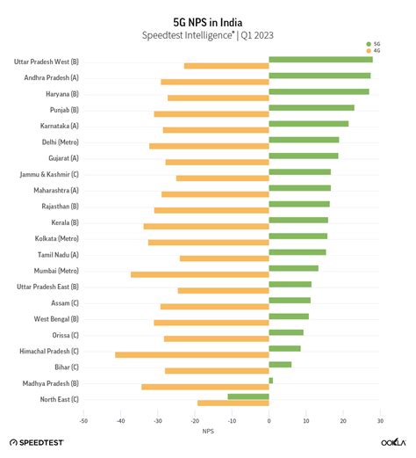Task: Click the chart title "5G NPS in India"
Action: coord(207,20)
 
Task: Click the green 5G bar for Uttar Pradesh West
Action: coord(320,60)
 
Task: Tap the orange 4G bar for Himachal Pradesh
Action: coord(192,354)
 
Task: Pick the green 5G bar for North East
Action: coord(248,396)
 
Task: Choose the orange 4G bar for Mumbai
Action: coord(200,274)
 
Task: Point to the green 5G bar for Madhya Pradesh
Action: coord(271,381)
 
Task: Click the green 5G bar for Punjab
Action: coord(312,108)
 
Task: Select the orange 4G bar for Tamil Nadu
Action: coord(225,258)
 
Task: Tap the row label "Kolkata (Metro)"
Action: coord(56,237)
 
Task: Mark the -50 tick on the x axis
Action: coord(83,421)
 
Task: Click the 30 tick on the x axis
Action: coord(381,421)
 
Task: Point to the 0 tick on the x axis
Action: coord(269,421)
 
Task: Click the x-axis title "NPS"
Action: coord(207,431)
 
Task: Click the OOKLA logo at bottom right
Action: coord(392,442)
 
